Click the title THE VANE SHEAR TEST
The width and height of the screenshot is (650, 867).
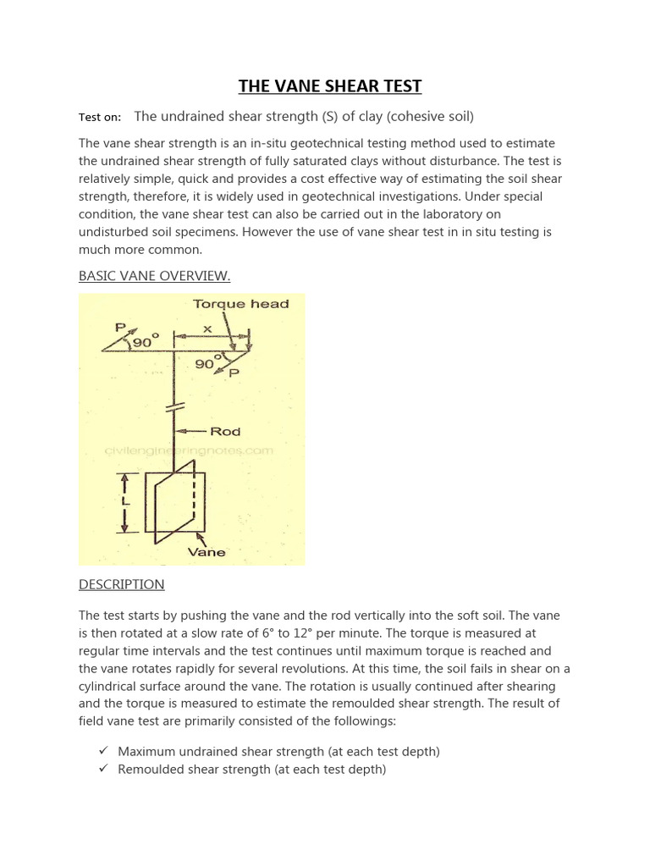[329, 86]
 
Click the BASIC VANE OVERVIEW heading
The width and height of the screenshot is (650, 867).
[154, 276]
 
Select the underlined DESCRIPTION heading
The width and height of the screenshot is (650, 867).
[121, 584]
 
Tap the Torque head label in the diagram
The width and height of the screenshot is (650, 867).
[240, 304]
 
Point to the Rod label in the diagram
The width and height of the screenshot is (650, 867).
[226, 431]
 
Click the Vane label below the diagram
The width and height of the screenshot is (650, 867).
[206, 552]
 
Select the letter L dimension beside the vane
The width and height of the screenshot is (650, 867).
[124, 502]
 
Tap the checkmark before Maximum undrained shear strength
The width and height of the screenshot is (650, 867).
[102, 751]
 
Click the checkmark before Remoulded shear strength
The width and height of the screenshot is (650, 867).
[102, 770]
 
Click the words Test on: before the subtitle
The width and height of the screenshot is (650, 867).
[100, 117]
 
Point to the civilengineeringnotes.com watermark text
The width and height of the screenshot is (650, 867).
[188, 450]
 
